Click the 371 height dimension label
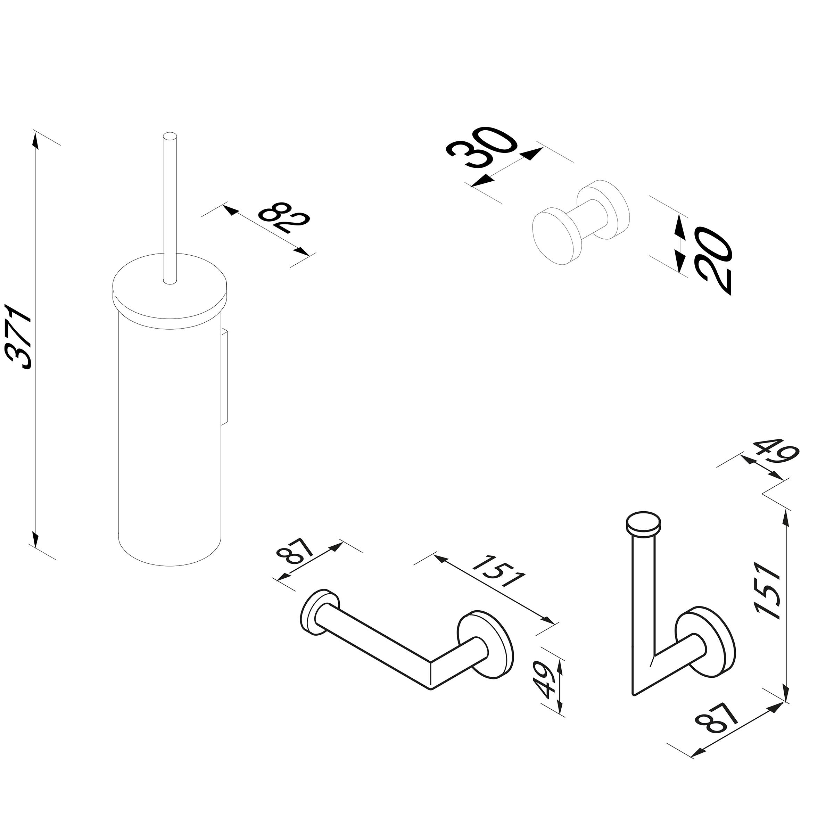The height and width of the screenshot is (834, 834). pos(20,337)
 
